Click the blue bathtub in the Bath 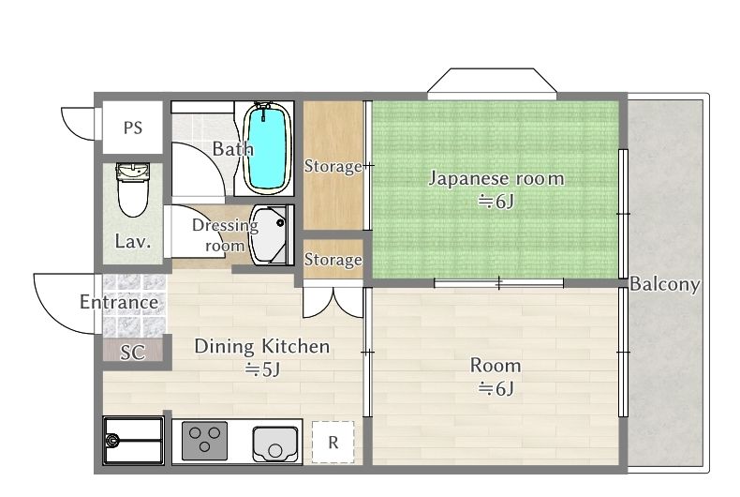(x=267, y=148)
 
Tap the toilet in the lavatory (x=133, y=189)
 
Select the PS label (x=133, y=128)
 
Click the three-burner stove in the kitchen (x=204, y=441)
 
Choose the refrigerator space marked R (x=333, y=443)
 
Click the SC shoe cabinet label (x=133, y=353)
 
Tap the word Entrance (x=119, y=302)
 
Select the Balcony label (x=664, y=284)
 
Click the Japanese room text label (x=496, y=179)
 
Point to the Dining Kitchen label (x=262, y=347)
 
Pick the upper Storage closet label (x=333, y=166)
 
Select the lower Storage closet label (x=333, y=260)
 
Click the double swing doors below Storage (x=333, y=302)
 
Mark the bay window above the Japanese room (x=492, y=83)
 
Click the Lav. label (x=133, y=242)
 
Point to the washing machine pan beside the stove (x=133, y=441)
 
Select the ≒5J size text (x=262, y=369)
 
